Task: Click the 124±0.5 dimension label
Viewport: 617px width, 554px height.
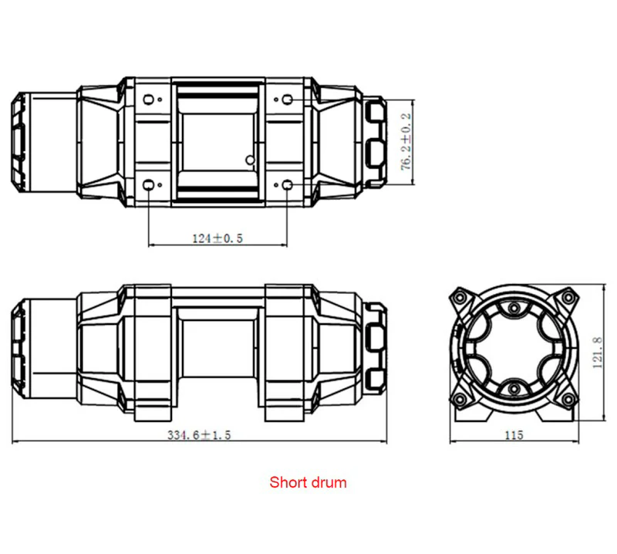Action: point(217,238)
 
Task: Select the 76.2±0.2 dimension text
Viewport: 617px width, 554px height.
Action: point(406,142)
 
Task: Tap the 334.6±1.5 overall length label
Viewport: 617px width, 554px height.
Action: point(199,434)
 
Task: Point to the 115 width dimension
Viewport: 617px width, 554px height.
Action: point(514,435)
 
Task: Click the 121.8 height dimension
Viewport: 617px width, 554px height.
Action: point(597,353)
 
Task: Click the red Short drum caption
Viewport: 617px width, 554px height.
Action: point(308,482)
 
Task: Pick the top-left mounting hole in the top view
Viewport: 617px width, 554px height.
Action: point(148,100)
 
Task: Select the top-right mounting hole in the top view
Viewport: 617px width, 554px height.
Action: point(288,100)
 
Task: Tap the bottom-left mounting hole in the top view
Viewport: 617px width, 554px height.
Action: point(148,184)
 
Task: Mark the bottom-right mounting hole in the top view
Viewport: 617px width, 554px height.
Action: point(288,184)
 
